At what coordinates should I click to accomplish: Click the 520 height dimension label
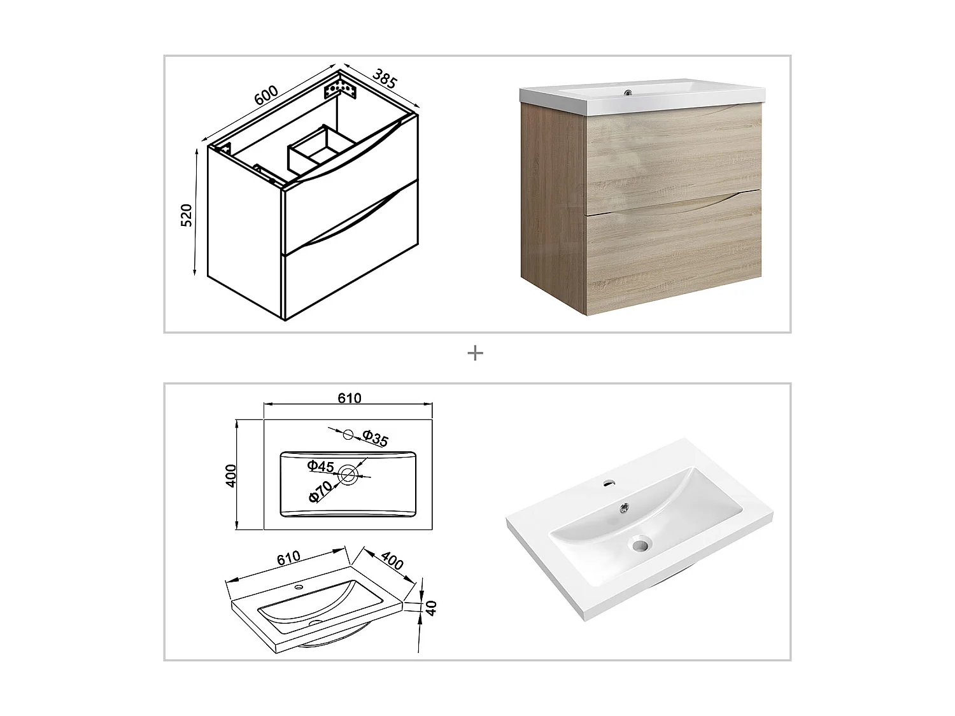pos(187,216)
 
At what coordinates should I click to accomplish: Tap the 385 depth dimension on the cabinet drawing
pos(385,79)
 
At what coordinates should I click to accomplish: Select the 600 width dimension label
pos(266,95)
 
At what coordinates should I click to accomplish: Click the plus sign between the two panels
pos(475,353)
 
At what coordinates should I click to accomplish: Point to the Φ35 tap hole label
pos(374,438)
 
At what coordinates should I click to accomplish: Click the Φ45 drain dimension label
pos(320,467)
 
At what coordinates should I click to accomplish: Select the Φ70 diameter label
pos(320,493)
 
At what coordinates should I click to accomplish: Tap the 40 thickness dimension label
pos(431,608)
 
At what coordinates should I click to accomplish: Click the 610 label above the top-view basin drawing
pos(350,398)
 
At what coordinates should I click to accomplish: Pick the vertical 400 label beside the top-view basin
pos(231,475)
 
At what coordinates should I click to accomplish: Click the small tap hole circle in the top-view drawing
pos(348,435)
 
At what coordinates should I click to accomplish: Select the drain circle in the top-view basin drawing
pos(348,475)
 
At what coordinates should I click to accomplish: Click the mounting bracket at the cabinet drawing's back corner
pos(339,87)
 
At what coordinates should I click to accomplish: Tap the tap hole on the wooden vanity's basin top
pos(628,93)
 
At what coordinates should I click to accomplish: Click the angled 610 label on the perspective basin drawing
pos(288,558)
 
